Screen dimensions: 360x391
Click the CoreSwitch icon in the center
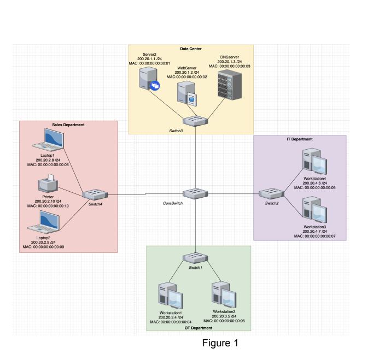tap(195, 193)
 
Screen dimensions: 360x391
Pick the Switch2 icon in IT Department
tap(270, 193)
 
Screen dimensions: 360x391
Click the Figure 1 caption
tap(220, 344)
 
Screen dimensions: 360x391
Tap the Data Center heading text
tap(191, 49)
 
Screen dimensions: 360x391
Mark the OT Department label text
tap(199, 327)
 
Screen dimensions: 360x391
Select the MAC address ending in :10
tap(48, 206)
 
